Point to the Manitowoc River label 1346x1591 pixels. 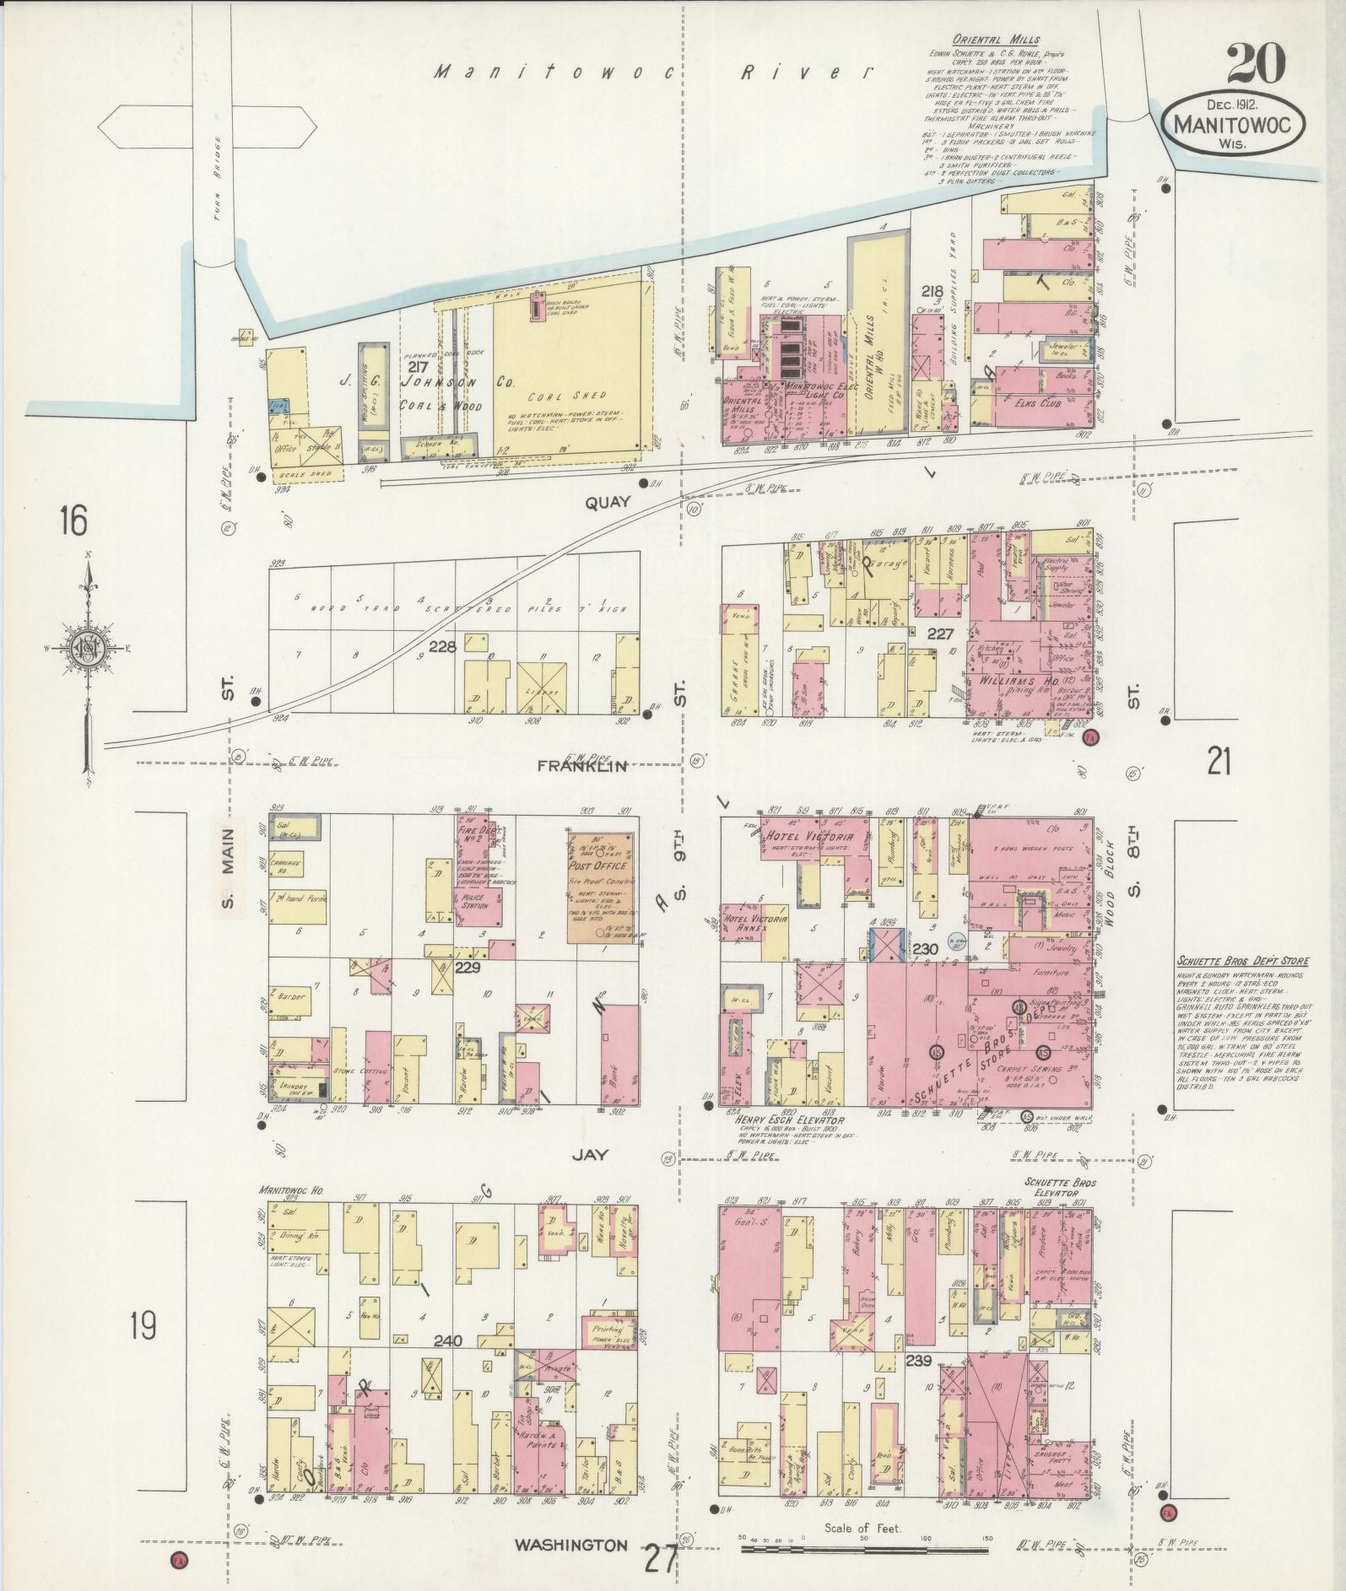coord(649,74)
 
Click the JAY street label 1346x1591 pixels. coord(589,1155)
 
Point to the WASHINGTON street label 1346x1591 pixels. coord(572,1545)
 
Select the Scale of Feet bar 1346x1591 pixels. coord(866,1549)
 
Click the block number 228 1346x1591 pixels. coord(442,647)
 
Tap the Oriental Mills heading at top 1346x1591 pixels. coord(996,39)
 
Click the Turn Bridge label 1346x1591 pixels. coord(217,179)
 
